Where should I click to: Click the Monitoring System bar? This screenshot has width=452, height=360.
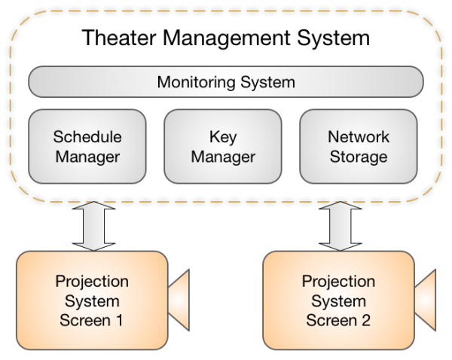[x=226, y=81]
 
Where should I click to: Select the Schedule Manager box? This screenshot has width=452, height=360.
[x=87, y=147]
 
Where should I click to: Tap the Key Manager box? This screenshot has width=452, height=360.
[x=223, y=147]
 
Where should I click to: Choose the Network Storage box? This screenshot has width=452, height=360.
[x=359, y=147]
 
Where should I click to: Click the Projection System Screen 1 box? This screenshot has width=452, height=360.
[x=91, y=299]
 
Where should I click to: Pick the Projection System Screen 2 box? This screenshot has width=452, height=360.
[x=338, y=299]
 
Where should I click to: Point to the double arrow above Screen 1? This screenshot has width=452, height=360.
[x=94, y=226]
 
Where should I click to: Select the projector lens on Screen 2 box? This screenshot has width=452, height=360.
[x=426, y=299]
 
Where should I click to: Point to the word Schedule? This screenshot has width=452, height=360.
[x=87, y=137]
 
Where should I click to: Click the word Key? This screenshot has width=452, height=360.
[x=223, y=137]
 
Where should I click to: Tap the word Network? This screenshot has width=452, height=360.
[x=359, y=137]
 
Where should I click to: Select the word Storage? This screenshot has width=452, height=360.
[x=359, y=157]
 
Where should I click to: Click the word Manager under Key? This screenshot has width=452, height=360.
[x=223, y=157]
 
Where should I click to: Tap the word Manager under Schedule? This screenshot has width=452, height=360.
[x=87, y=157]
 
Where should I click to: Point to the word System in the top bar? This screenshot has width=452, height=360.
[x=263, y=81]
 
